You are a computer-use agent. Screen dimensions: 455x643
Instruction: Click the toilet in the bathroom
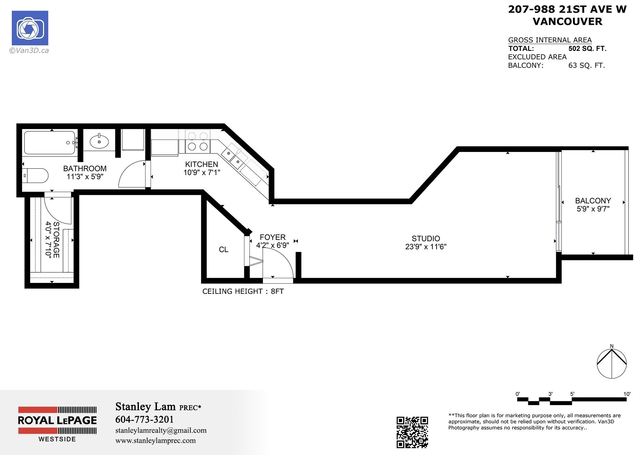pos(36,176)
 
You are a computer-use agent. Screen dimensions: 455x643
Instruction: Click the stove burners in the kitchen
pos(197,142)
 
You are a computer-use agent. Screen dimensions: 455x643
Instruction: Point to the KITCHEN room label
pos(202,164)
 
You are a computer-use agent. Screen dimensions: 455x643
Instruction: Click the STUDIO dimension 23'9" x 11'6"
pos(426,247)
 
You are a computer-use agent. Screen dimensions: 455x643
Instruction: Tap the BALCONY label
pos(593,201)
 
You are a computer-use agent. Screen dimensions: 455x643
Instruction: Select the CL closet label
pos(223,249)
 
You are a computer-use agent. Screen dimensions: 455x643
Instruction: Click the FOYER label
pos(273,237)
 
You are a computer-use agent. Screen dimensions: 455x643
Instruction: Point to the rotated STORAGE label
pos(56,240)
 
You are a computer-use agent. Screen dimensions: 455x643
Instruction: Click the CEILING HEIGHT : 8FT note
pos(243,291)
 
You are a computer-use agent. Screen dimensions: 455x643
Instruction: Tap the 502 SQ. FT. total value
pos(587,49)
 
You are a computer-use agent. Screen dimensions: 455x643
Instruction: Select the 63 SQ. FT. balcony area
pos(586,66)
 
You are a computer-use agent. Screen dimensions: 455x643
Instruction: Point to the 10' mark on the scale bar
pos(627,394)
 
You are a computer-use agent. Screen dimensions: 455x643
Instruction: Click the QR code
pos(412,432)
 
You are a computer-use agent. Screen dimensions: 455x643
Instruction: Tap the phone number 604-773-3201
pos(144,419)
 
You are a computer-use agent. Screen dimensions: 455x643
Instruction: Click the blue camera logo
pos(30,28)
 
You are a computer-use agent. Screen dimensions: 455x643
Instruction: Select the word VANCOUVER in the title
pos(567,22)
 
